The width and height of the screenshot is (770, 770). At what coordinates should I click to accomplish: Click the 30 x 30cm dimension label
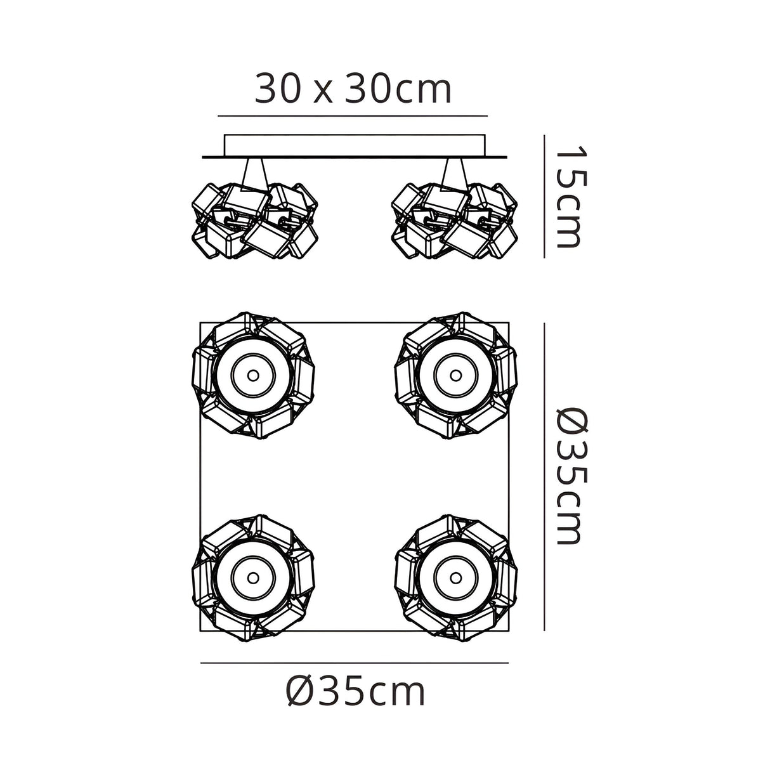353,90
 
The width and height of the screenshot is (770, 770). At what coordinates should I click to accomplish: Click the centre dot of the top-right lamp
455,375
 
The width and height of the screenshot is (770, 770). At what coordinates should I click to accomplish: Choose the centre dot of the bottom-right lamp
455,577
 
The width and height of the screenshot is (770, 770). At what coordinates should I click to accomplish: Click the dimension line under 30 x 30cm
353,116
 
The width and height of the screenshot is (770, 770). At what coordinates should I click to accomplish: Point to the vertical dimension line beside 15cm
544,197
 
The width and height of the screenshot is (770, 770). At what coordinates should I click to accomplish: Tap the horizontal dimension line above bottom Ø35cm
354,663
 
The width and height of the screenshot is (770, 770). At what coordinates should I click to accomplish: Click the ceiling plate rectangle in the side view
354,145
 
